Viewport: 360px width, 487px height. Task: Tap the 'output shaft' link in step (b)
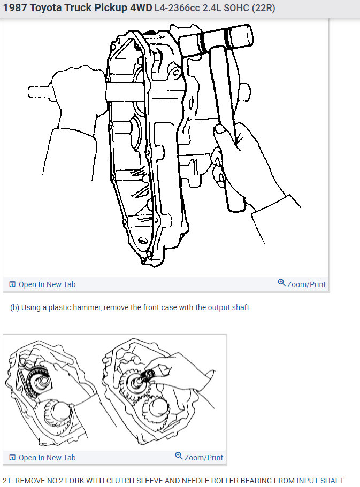coord(229,307)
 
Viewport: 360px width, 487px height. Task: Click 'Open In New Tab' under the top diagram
coord(47,284)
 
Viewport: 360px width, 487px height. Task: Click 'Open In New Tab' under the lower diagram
coord(47,458)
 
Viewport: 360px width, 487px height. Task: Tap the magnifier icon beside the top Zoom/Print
coord(281,283)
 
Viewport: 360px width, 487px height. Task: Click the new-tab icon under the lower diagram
coord(13,458)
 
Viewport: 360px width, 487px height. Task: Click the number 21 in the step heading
coord(7,481)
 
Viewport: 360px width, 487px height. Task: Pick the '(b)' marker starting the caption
coord(14,307)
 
